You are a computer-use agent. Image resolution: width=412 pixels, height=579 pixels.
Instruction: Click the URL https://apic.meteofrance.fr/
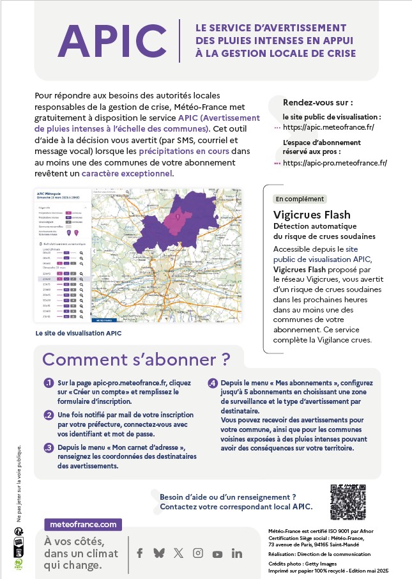pyautogui.click(x=328, y=127)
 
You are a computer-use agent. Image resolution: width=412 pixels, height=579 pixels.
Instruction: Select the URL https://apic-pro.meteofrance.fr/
pyautogui.click(x=335, y=163)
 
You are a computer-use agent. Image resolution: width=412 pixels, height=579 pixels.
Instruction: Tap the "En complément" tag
pyautogui.click(x=300, y=199)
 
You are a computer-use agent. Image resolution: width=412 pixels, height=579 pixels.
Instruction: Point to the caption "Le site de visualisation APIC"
pyautogui.click(x=79, y=333)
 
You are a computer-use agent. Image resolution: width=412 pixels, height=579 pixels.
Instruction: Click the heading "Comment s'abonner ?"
pyautogui.click(x=136, y=359)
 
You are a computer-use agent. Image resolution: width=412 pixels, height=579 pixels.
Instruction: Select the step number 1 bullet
pyautogui.click(x=48, y=383)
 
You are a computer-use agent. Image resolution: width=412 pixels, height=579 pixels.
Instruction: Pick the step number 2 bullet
pyautogui.click(x=48, y=415)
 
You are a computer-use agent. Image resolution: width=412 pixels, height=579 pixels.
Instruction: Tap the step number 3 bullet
pyautogui.click(x=48, y=447)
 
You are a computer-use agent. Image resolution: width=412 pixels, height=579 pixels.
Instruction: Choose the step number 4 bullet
pyautogui.click(x=213, y=383)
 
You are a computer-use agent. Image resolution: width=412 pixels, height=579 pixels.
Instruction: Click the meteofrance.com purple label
pyautogui.click(x=83, y=524)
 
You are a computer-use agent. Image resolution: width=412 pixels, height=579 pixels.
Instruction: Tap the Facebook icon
pyautogui.click(x=139, y=553)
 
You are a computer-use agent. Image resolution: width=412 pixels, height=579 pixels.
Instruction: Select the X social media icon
pyautogui.click(x=178, y=553)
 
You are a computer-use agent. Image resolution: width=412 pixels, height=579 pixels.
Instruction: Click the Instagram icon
pyautogui.click(x=198, y=553)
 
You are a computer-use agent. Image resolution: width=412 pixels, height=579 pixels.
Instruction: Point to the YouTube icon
pyautogui.click(x=217, y=554)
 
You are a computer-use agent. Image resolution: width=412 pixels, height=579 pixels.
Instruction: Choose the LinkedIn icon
pyautogui.click(x=237, y=553)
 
